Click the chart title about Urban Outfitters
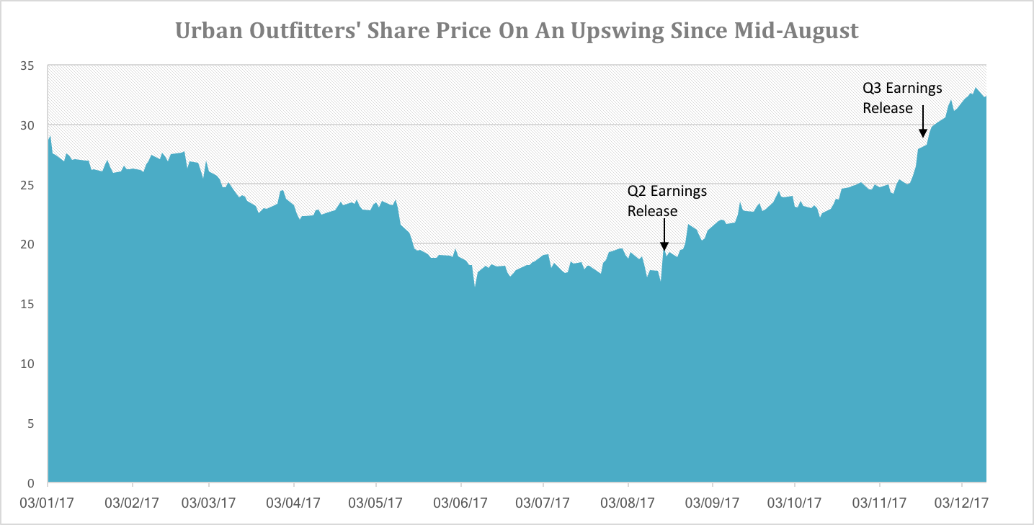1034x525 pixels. [x=517, y=32]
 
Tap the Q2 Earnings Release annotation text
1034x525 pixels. [x=667, y=201]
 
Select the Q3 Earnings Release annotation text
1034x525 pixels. [x=902, y=98]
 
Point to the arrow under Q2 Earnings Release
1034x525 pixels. [x=664, y=235]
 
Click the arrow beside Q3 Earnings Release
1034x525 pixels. [x=922, y=120]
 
